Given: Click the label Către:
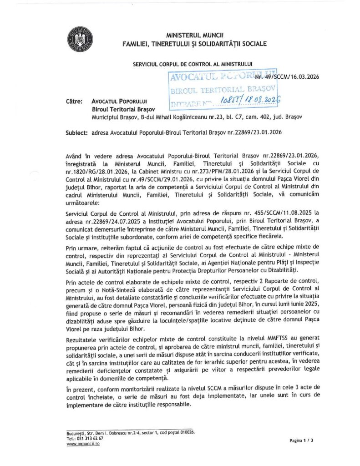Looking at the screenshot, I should [74, 101].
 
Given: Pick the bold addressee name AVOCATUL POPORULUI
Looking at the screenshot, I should [120, 101].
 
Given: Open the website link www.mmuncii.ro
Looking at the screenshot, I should [83, 444].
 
